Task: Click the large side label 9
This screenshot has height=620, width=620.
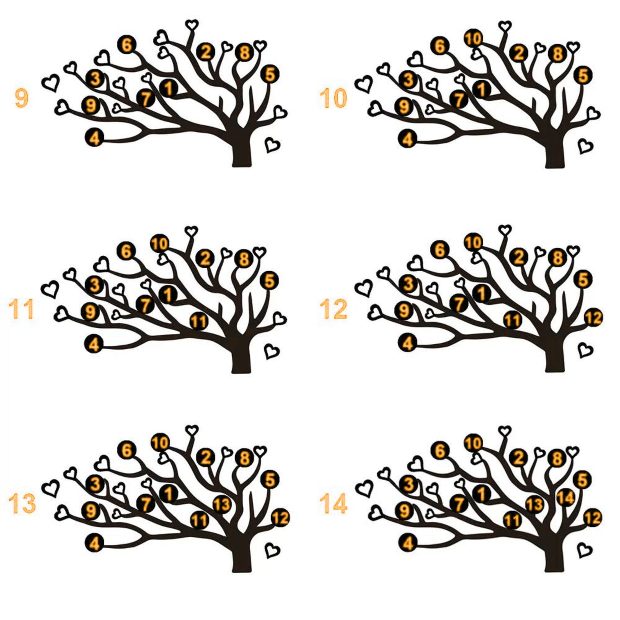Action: (21, 98)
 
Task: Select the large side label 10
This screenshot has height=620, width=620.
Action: (333, 98)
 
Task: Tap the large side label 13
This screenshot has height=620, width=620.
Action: (22, 504)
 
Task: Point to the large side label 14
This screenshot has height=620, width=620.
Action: (333, 504)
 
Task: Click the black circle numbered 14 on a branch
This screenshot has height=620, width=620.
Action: (566, 498)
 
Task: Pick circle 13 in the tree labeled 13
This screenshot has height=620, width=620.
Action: (222, 505)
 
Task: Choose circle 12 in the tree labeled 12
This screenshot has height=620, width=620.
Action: (593, 318)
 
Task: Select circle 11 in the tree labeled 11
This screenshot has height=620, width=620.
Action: (199, 321)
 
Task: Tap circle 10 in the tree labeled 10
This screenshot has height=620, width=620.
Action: (473, 39)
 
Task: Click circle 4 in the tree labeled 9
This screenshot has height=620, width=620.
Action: (94, 138)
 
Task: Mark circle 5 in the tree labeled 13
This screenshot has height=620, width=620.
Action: (270, 480)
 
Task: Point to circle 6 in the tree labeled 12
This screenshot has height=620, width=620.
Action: (440, 250)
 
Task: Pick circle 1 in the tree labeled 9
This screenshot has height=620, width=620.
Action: (168, 88)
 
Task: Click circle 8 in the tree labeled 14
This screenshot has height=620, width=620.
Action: (558, 459)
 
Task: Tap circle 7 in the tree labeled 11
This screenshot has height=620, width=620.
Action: (145, 305)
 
